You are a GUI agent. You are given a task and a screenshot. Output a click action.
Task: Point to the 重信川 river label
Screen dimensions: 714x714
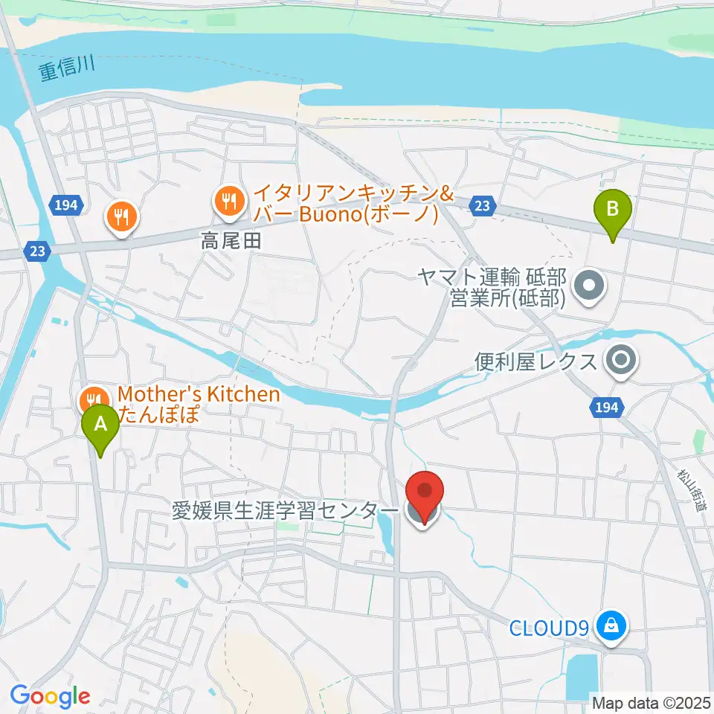click(x=65, y=72)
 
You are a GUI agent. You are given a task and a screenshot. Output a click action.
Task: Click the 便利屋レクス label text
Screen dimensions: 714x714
click(x=536, y=363)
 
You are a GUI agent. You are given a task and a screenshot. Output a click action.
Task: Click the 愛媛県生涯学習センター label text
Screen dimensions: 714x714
click(x=286, y=512)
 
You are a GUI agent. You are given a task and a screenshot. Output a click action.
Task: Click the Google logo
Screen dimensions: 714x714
click(x=50, y=696)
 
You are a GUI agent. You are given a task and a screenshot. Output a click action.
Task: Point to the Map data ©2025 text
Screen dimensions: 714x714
click(x=650, y=701)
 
